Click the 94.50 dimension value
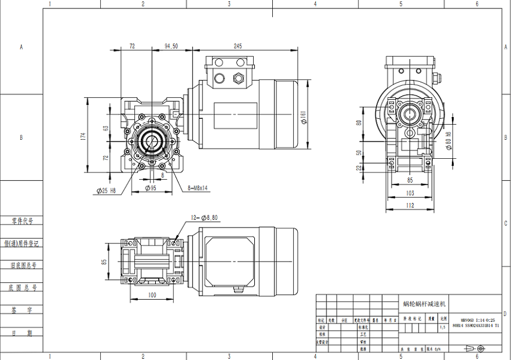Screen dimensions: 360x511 click(171, 45)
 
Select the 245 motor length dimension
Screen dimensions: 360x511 click(238, 45)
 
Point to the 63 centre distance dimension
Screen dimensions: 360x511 click(106, 128)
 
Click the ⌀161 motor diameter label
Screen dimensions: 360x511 click(304, 118)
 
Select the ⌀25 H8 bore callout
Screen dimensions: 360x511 click(109, 191)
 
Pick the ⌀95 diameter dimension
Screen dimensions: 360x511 click(150, 188)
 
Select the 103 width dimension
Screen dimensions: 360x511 click(410, 193)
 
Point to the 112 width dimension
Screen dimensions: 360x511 click(410, 205)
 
